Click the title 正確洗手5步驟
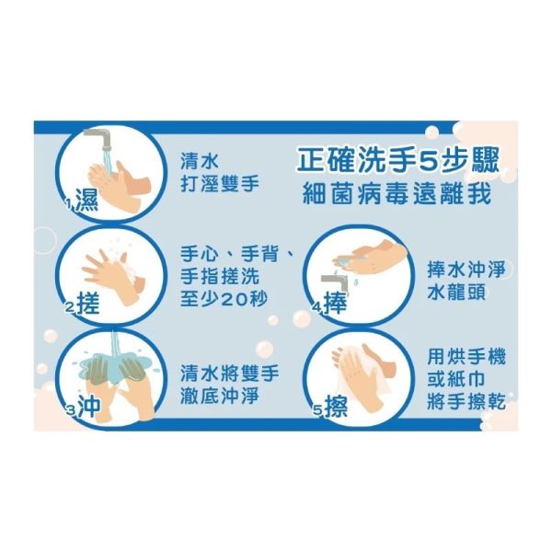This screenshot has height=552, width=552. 398,161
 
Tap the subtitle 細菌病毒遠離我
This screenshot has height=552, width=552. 397,193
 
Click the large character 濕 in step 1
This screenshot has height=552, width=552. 87,201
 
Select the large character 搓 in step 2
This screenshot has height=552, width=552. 88,304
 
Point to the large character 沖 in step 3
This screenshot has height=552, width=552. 89,406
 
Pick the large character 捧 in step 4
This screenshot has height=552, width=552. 336,303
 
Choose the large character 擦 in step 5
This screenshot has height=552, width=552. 336,406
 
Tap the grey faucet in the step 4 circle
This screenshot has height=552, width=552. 335,283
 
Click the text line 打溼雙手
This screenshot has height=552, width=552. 220,183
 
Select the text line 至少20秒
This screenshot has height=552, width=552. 224,298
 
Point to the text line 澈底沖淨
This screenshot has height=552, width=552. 220,396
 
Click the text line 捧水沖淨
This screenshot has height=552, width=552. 466,270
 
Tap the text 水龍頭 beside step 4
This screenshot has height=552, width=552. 456,293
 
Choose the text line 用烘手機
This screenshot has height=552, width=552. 466,356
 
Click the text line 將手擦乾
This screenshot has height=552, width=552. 466,402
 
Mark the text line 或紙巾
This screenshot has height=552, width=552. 456,379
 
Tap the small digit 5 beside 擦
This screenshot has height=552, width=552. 318,410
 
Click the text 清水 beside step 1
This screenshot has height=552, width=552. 200,161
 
